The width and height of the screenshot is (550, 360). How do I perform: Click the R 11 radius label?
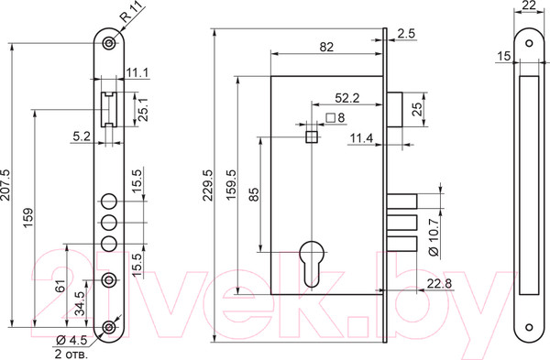click(130, 11)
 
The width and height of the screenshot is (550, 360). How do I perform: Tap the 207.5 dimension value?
click(6, 185)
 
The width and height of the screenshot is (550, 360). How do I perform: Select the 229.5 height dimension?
click(208, 185)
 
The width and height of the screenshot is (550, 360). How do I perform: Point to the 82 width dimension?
click(326, 47)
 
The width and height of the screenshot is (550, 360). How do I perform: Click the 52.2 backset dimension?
click(346, 98)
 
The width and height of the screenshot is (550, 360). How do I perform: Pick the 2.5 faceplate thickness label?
click(406, 34)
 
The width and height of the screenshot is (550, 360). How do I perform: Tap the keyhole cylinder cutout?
click(312, 264)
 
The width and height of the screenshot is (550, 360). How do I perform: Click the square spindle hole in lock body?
click(312, 136)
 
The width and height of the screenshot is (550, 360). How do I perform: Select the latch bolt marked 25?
click(394, 109)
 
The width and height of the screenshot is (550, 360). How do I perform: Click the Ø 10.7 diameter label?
click(434, 237)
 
